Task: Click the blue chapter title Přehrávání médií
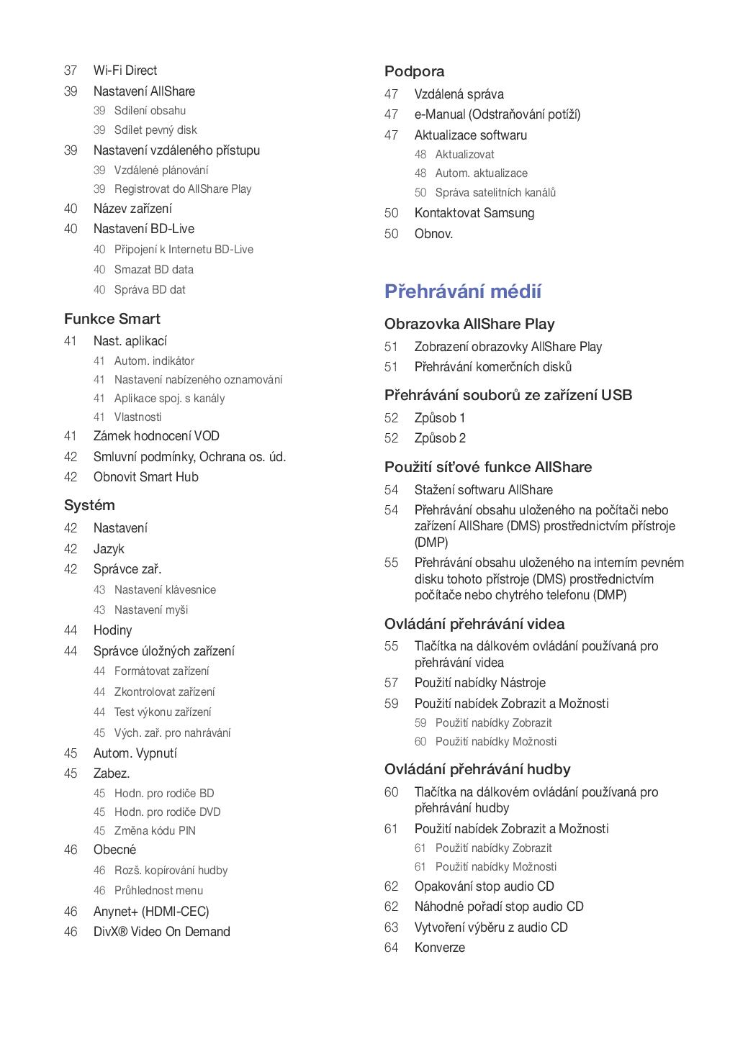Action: click(462, 291)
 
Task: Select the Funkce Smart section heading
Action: click(112, 319)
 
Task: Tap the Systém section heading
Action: click(89, 505)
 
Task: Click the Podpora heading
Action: click(414, 71)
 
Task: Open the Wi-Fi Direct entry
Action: click(125, 71)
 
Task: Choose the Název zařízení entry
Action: click(132, 209)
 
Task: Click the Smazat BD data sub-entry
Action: click(153, 269)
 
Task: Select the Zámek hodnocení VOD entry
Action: click(156, 436)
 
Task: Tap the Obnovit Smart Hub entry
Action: click(145, 477)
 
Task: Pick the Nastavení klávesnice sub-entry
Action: click(165, 589)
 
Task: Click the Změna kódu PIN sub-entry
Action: click(155, 830)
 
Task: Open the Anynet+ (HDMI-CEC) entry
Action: click(151, 912)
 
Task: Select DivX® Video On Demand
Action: click(161, 932)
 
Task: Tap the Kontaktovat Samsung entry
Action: click(474, 213)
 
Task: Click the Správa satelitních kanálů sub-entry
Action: click(495, 192)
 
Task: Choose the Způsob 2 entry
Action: click(440, 438)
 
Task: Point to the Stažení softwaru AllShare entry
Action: click(483, 490)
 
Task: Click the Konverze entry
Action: click(439, 948)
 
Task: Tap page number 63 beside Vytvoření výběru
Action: click(391, 927)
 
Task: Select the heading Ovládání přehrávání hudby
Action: click(477, 769)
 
